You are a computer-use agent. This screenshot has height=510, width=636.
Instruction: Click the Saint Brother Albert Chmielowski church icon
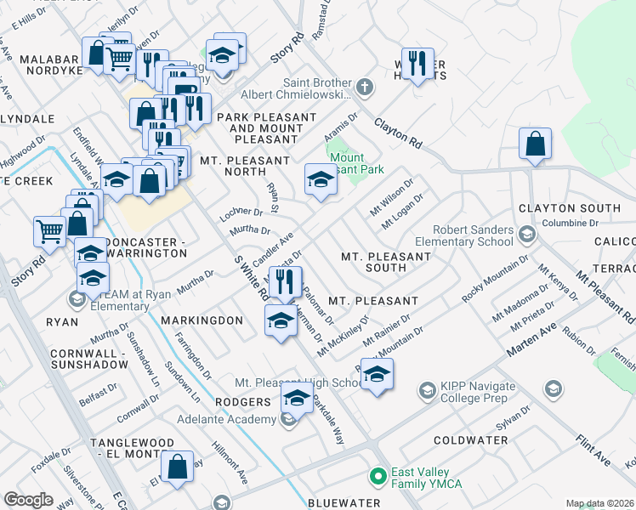[365, 86]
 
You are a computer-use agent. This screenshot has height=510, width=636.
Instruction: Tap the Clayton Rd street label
[399, 133]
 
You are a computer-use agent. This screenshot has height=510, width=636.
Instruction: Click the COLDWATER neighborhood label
[470, 440]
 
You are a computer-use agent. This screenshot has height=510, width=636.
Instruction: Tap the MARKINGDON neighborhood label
[202, 320]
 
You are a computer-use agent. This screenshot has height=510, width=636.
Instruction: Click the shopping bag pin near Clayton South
[536, 144]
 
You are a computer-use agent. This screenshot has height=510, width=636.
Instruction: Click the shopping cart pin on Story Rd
[49, 229]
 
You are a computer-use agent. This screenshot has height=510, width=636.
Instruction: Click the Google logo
[29, 500]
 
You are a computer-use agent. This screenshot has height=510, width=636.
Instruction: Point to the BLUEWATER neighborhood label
[344, 503]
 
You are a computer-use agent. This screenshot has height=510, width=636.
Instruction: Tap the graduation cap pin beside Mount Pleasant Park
[321, 180]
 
